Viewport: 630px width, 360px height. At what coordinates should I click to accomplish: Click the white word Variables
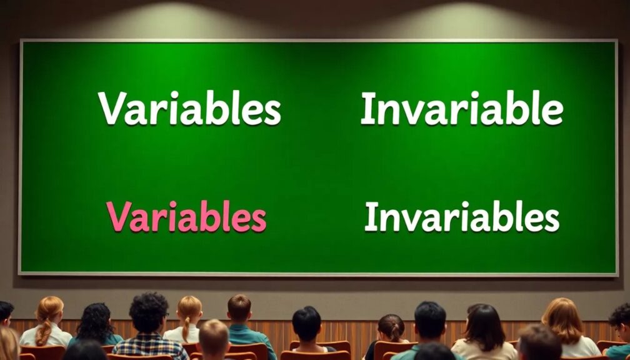(x=189, y=109)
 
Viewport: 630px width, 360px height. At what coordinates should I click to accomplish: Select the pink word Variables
(x=186, y=216)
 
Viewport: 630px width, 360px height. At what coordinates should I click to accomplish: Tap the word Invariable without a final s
(x=462, y=109)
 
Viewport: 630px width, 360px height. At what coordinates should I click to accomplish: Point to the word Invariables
(x=462, y=216)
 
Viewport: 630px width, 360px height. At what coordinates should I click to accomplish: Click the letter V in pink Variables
(x=119, y=216)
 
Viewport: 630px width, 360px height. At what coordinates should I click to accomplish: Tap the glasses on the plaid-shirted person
(x=166, y=314)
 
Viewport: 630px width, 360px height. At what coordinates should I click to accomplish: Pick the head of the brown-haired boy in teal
(x=239, y=309)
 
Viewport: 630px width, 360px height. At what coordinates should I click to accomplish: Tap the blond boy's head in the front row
(x=214, y=337)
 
